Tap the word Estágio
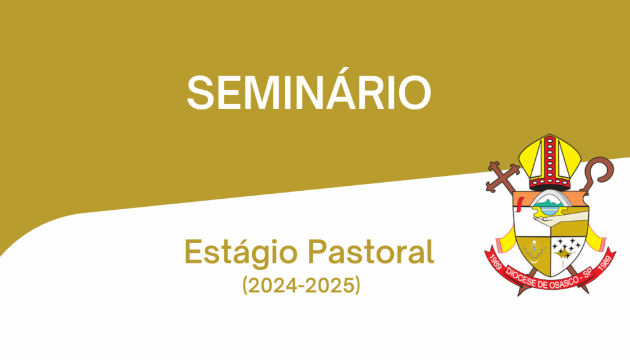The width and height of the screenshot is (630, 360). (x=241, y=253)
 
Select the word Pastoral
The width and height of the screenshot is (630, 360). (x=371, y=252)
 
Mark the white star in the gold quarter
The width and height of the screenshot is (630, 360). (x=534, y=242)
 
